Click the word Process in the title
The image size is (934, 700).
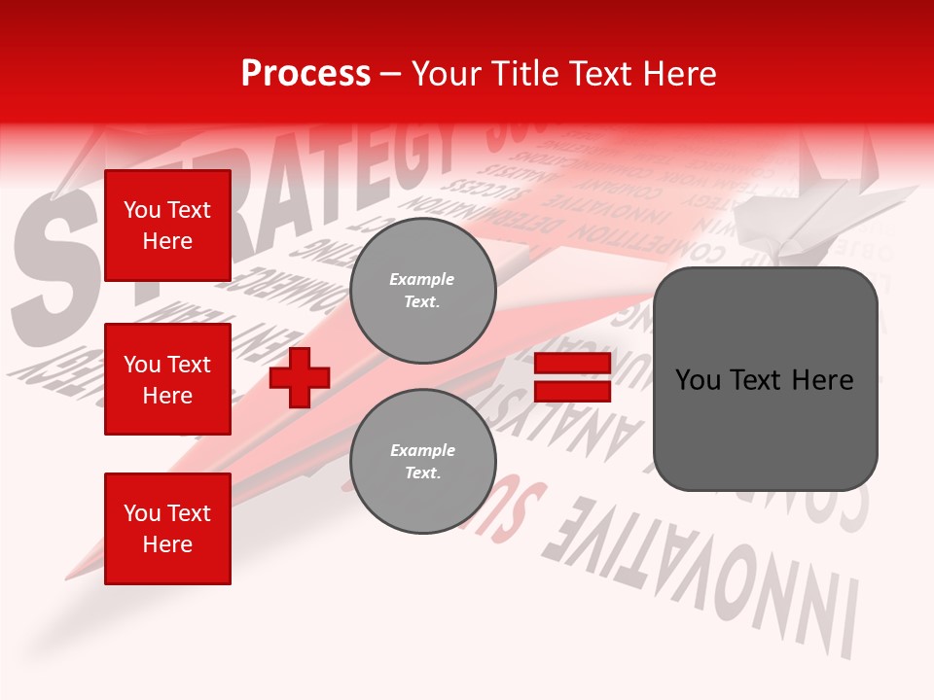(x=305, y=74)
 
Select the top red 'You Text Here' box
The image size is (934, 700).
(x=167, y=226)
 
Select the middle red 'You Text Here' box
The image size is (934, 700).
(x=167, y=379)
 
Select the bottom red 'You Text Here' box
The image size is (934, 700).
(x=167, y=529)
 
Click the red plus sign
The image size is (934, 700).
(x=300, y=377)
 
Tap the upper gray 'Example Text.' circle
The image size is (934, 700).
(x=422, y=291)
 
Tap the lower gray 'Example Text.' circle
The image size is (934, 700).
(x=422, y=462)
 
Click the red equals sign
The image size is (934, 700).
(x=572, y=378)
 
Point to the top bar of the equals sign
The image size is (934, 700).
(x=572, y=365)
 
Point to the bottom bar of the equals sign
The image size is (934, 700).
(x=572, y=392)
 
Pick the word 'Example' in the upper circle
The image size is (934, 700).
(x=422, y=279)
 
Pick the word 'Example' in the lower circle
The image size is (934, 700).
(x=422, y=450)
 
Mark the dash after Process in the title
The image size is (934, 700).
(x=391, y=75)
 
